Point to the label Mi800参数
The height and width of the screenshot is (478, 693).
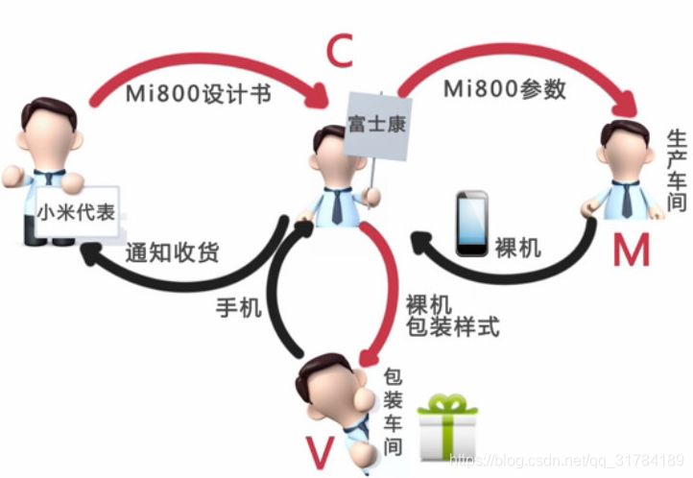coord(504,90)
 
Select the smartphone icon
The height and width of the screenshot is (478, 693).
coord(470,225)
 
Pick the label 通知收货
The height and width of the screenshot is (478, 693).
coord(173,253)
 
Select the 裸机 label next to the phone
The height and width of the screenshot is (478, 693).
coord(517,248)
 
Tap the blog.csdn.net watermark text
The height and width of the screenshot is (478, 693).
coord(566,462)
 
